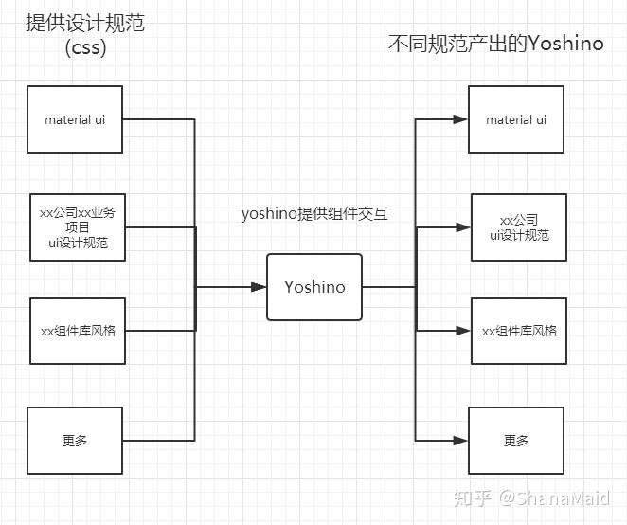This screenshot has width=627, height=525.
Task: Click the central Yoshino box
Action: tap(314, 287)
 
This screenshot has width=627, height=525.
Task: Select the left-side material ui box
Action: tap(75, 119)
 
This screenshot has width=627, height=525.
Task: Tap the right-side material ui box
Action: tap(516, 119)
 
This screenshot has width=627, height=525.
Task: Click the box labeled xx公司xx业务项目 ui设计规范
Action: tap(78, 227)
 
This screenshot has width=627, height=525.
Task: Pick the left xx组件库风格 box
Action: tap(78, 331)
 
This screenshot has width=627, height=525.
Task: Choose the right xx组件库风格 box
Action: tap(519, 331)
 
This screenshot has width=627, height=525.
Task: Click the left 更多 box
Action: tap(75, 441)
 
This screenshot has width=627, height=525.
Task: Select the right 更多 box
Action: tap(516, 441)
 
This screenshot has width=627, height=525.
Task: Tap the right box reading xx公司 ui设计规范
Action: tap(519, 227)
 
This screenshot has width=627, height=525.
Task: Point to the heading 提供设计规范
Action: tap(85, 23)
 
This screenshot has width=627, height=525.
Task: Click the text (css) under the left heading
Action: tap(85, 47)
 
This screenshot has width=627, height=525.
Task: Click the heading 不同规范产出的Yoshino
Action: tap(496, 44)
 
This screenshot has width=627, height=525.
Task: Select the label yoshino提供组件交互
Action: tap(314, 213)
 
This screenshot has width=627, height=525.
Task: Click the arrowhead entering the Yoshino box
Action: tap(259, 287)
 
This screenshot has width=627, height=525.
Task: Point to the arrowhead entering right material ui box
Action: tap(460, 119)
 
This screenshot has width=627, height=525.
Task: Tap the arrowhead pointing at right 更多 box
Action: tap(460, 441)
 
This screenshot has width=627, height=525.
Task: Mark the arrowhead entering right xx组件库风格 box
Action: tap(463, 331)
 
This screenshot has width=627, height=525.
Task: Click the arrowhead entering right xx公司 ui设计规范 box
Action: tap(463, 227)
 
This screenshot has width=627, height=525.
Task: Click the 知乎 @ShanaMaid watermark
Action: tap(532, 498)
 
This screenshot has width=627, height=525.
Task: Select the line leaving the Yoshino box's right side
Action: tap(388, 287)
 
